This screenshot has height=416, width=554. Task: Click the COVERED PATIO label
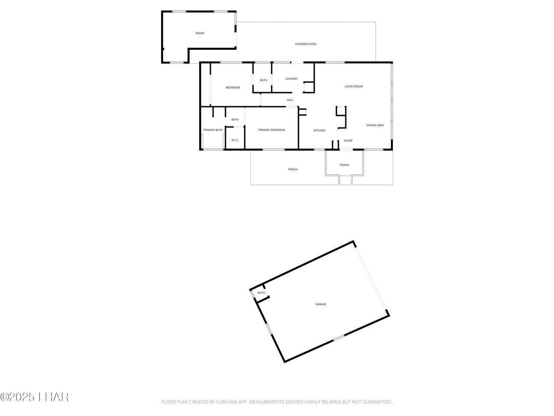(x=306, y=44)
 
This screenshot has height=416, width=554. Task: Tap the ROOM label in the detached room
(x=200, y=33)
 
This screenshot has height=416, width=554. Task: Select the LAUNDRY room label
(x=291, y=79)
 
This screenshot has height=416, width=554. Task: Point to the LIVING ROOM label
(x=353, y=86)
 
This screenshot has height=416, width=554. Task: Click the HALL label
(x=290, y=100)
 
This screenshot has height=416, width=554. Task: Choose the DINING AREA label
(x=375, y=125)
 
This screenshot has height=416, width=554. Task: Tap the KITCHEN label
(x=319, y=130)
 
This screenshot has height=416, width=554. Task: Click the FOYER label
(x=348, y=141)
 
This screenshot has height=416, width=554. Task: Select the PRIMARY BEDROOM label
(x=271, y=130)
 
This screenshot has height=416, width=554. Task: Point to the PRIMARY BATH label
(x=213, y=130)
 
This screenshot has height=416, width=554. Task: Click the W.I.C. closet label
(x=235, y=140)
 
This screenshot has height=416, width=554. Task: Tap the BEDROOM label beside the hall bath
(x=233, y=88)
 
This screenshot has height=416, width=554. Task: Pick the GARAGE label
(x=321, y=304)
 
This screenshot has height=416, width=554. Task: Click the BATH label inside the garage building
(x=261, y=293)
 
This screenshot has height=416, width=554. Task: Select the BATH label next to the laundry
(x=263, y=80)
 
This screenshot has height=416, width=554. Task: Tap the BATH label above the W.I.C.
(x=235, y=120)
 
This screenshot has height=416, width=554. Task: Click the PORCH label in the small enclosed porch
(x=344, y=165)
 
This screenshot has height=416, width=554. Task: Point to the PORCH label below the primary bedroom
(x=293, y=169)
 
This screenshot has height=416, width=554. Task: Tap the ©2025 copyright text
(x=17, y=397)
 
